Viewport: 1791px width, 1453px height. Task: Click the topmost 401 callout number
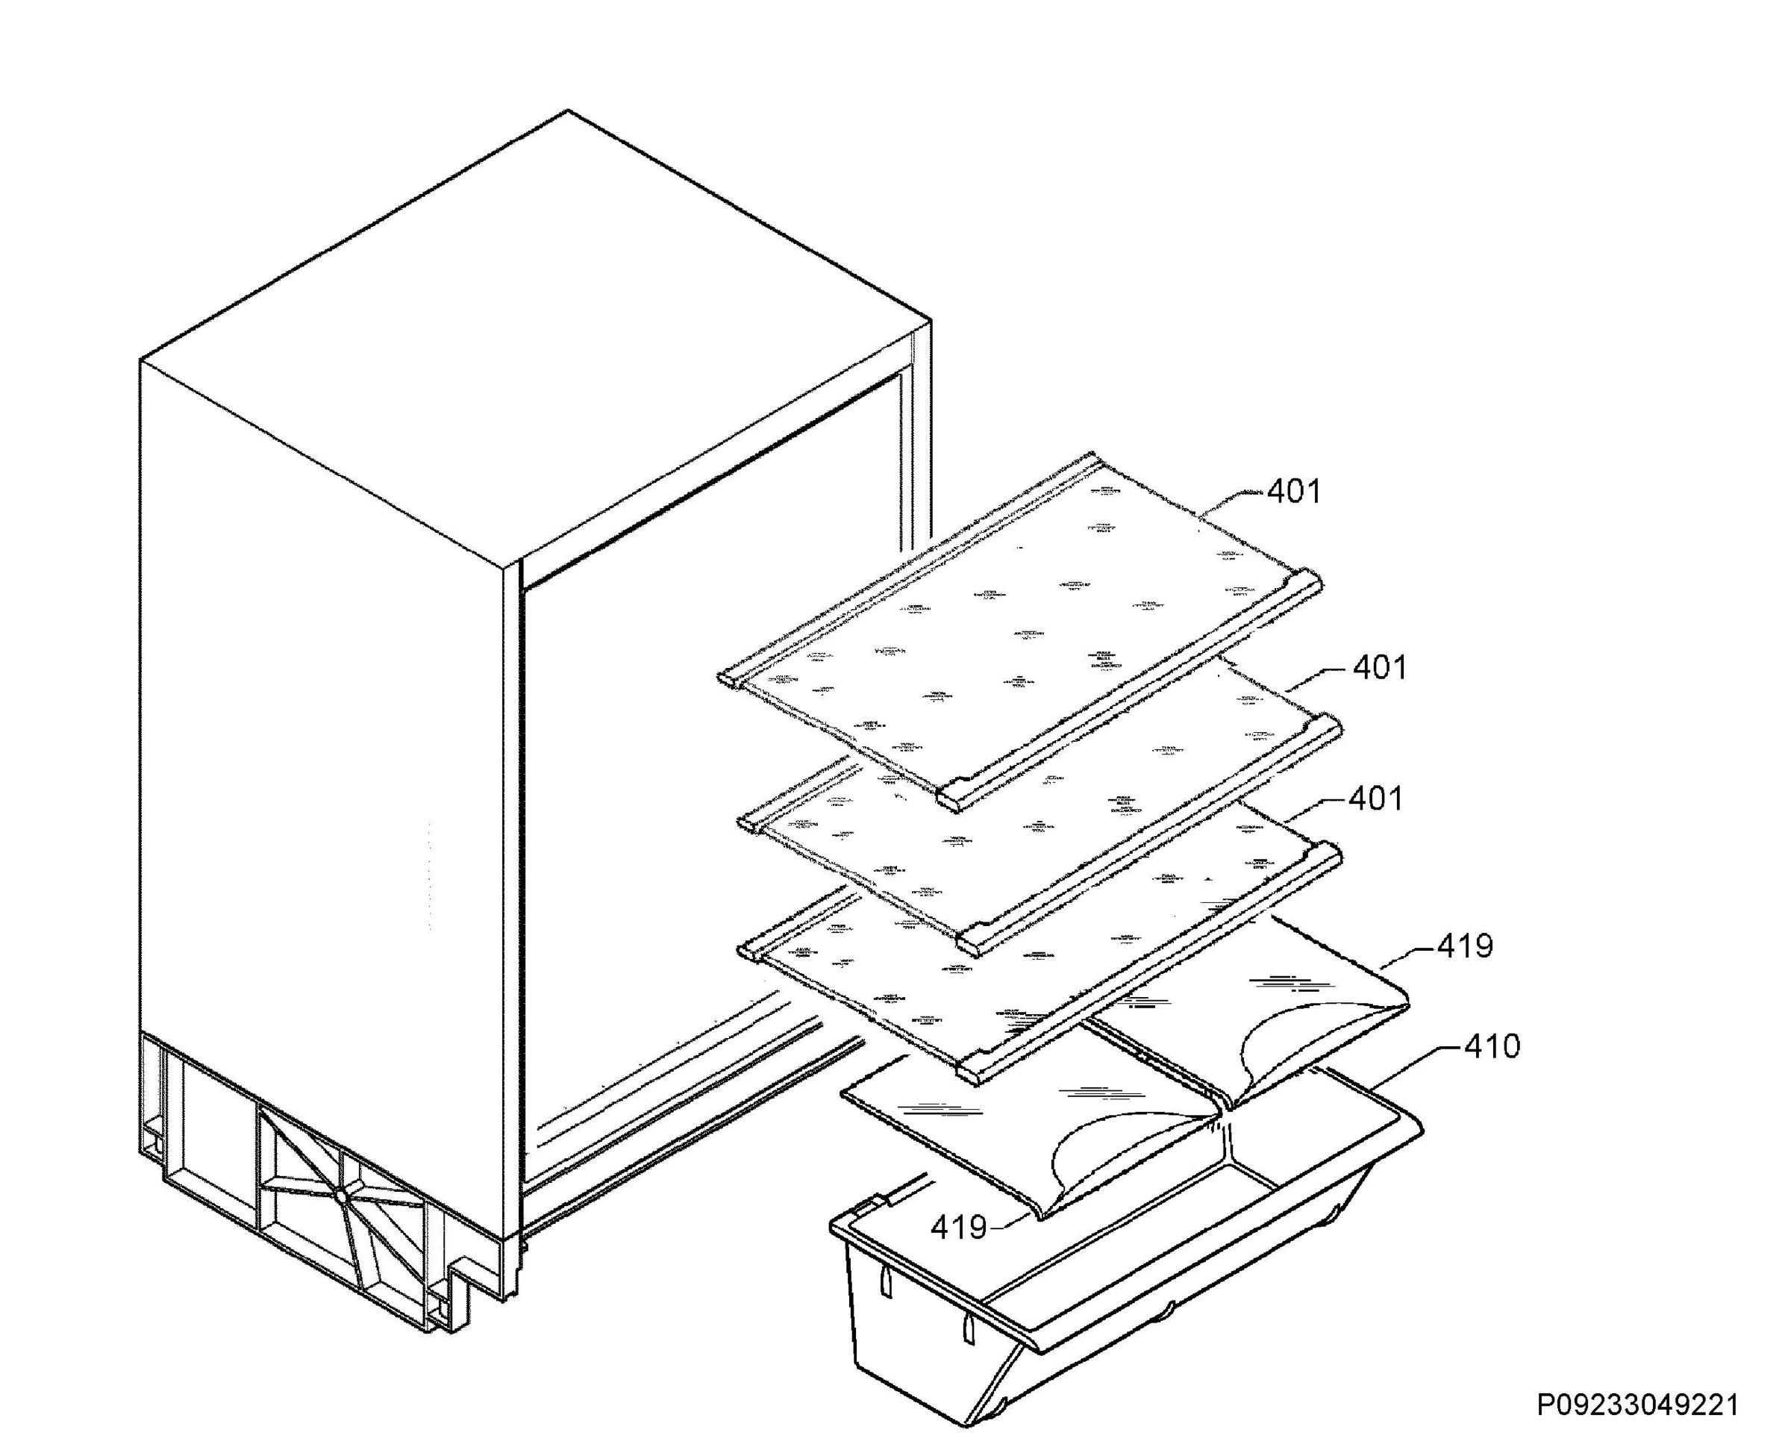1293,492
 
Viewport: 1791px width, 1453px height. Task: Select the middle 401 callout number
1379,668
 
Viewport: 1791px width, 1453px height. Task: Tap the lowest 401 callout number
1375,799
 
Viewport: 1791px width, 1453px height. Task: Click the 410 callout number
1492,1047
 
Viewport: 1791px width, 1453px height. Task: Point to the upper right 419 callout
1465,946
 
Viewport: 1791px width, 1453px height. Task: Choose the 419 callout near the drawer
958,1228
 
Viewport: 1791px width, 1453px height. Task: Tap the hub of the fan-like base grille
343,1196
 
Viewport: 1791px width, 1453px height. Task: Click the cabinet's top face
536,335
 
